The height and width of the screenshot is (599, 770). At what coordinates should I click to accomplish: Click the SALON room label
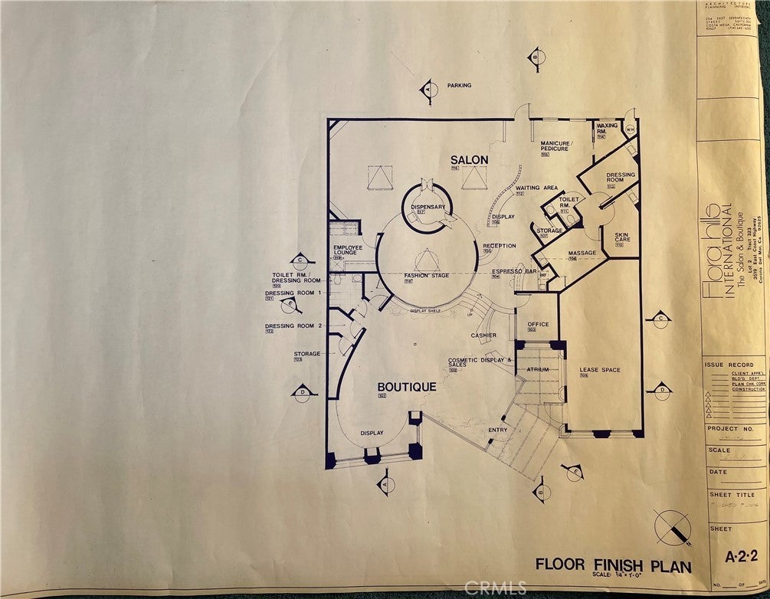coord(469,160)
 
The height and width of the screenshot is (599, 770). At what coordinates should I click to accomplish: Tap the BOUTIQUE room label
coord(407,387)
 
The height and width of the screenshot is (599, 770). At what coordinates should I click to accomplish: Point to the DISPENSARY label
coord(428,206)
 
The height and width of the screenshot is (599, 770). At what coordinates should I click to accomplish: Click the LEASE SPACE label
coord(600,370)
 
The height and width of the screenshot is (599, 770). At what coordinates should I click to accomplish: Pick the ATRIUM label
coord(538,369)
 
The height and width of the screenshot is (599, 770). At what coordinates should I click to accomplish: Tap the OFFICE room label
coord(538,324)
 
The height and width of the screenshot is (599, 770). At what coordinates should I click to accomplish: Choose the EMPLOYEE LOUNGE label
coord(347,250)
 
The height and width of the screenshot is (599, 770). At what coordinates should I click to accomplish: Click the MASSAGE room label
coord(582,253)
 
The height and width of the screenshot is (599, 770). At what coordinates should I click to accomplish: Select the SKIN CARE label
coord(621,239)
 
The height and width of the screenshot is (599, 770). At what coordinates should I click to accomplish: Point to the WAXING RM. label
coord(607,127)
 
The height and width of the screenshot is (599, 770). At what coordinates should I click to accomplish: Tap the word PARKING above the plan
coord(460,85)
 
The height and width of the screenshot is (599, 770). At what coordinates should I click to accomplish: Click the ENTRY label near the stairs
coord(497,430)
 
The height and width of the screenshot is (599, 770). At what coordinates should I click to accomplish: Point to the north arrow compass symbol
coord(673,528)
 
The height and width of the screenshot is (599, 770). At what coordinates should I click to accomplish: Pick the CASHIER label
coord(483,335)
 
